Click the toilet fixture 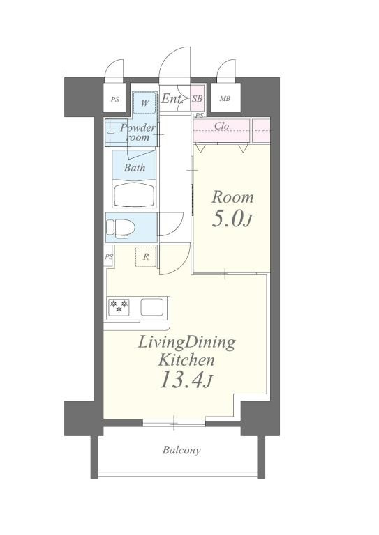120,228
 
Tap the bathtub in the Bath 135,195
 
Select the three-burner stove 119,307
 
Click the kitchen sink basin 151,307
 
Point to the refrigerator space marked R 146,256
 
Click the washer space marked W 145,102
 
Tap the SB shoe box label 198,99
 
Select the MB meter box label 225,99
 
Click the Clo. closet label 223,126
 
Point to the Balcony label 181,450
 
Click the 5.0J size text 232,219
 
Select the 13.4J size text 186,380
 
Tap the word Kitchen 186,360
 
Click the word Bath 135,168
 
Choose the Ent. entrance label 172,99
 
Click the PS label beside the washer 115,100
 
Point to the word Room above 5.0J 232,197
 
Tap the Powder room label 138,133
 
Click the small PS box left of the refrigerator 108,256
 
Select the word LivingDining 186,343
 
